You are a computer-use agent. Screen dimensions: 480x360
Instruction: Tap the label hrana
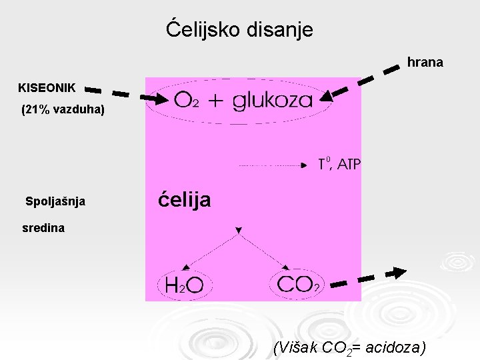coord(425,63)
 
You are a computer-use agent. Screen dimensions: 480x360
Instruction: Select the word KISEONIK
coord(47,87)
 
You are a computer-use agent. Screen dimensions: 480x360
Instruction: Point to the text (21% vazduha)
coord(63,109)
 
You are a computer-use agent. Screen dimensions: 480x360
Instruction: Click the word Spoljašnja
coord(55,201)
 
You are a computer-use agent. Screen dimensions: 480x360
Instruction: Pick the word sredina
coord(43,228)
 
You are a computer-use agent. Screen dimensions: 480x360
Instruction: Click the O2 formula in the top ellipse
coord(185,100)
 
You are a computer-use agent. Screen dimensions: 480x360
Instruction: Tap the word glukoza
coord(273,100)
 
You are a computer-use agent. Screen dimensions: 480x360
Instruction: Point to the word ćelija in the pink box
coord(185,199)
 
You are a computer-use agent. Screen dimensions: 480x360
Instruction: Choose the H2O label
coord(184,286)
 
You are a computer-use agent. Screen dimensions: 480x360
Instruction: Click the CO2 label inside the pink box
coord(298,285)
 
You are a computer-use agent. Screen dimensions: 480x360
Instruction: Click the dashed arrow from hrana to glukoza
coord(363,80)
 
